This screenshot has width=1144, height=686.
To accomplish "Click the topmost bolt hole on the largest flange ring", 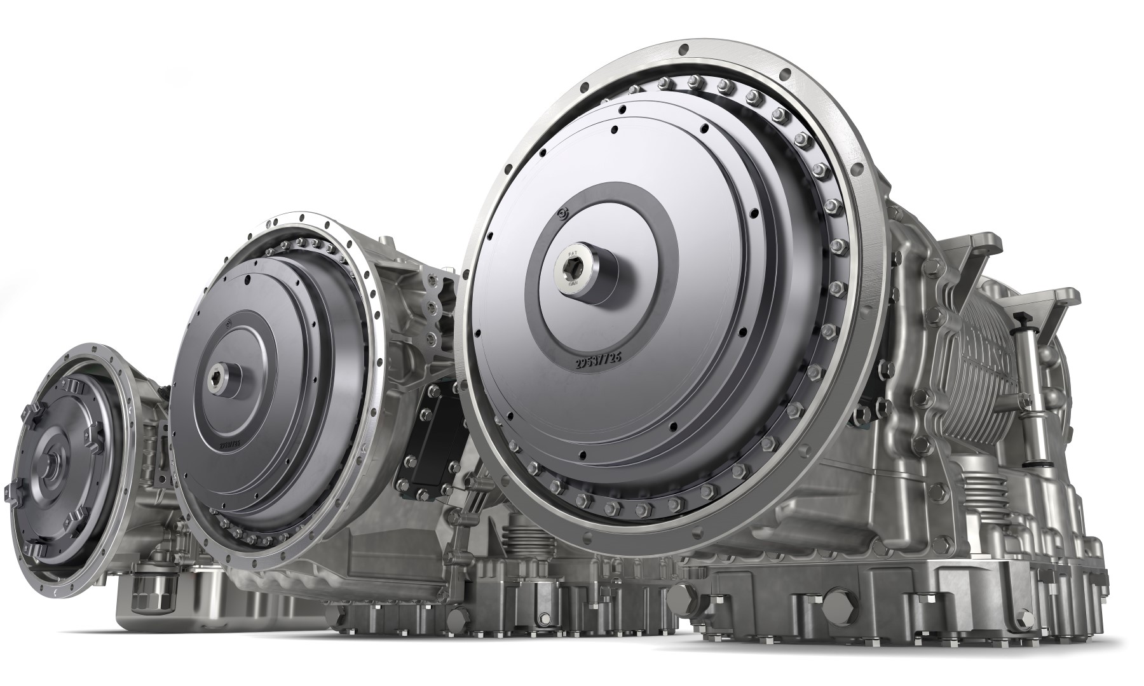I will point(683,49).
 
